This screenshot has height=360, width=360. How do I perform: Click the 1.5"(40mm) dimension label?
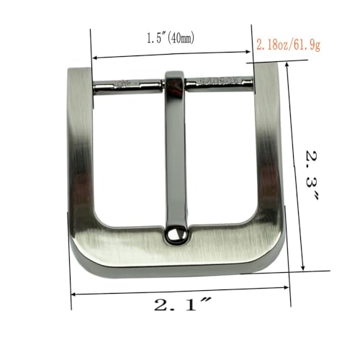[171, 38]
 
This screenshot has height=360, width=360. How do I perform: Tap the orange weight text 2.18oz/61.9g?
[289, 45]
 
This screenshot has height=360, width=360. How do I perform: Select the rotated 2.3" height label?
[312, 175]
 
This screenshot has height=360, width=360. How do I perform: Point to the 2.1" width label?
[182, 304]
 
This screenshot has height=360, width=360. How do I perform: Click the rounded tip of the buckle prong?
[174, 235]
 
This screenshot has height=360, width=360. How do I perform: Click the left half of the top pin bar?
[128, 86]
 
